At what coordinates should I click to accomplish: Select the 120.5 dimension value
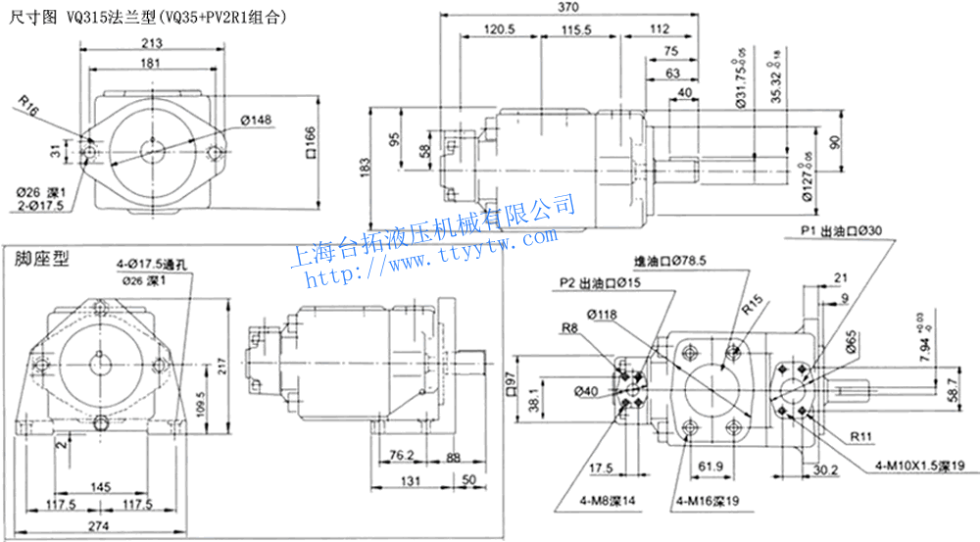click(x=500, y=30)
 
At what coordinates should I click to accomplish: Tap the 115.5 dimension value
click(x=578, y=30)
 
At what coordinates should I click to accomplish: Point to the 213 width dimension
click(x=151, y=43)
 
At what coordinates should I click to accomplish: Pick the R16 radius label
click(x=28, y=106)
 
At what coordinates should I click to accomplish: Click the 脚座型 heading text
click(x=41, y=260)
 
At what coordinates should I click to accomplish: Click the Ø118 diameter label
click(x=602, y=315)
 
